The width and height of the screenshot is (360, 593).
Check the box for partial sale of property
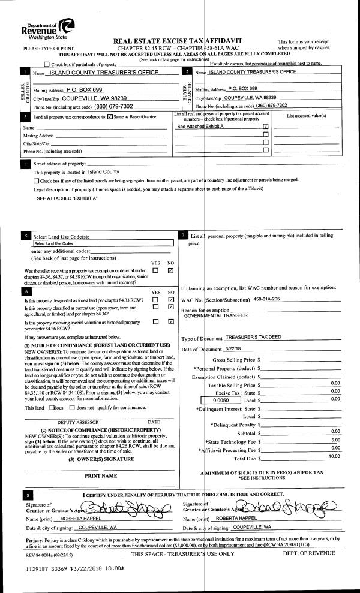[x=47, y=64]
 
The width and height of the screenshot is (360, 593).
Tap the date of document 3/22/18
[x=235, y=350]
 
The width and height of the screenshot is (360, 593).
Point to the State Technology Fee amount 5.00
[x=335, y=440]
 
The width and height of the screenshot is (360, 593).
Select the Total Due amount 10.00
[x=334, y=456]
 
